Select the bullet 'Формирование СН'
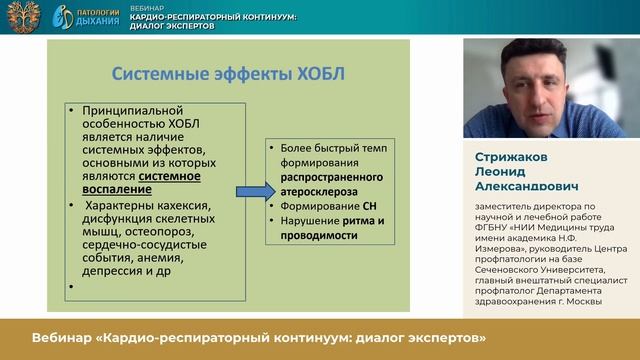click(327, 205)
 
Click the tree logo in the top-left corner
click(21, 16)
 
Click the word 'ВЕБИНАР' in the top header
click(149, 7)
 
